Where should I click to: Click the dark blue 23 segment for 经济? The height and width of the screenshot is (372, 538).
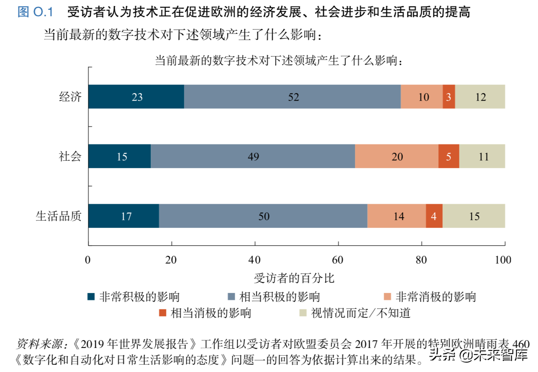(136, 97)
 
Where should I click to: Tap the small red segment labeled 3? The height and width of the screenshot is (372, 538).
(448, 97)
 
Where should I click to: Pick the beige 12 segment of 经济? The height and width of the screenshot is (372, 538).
(480, 97)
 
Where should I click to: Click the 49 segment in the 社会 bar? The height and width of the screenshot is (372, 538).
(253, 156)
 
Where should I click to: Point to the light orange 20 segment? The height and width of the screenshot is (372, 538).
(396, 156)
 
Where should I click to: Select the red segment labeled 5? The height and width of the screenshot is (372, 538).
(448, 156)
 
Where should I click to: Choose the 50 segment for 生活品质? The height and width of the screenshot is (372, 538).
(263, 216)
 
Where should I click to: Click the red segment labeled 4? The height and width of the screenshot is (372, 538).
(434, 216)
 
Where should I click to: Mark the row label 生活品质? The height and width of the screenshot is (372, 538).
(59, 216)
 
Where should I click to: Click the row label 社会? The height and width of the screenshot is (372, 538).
(70, 156)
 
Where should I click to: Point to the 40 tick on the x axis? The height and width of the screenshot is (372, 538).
(255, 260)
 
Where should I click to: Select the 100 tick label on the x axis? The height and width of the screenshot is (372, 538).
(503, 260)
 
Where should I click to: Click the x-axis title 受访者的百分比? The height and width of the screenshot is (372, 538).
(294, 278)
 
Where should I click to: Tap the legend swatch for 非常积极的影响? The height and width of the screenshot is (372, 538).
(91, 296)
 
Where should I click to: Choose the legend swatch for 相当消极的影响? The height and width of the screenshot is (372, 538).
(162, 313)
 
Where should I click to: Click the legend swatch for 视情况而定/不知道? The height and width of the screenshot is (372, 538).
(303, 313)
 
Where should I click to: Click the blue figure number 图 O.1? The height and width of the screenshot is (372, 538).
(35, 12)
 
